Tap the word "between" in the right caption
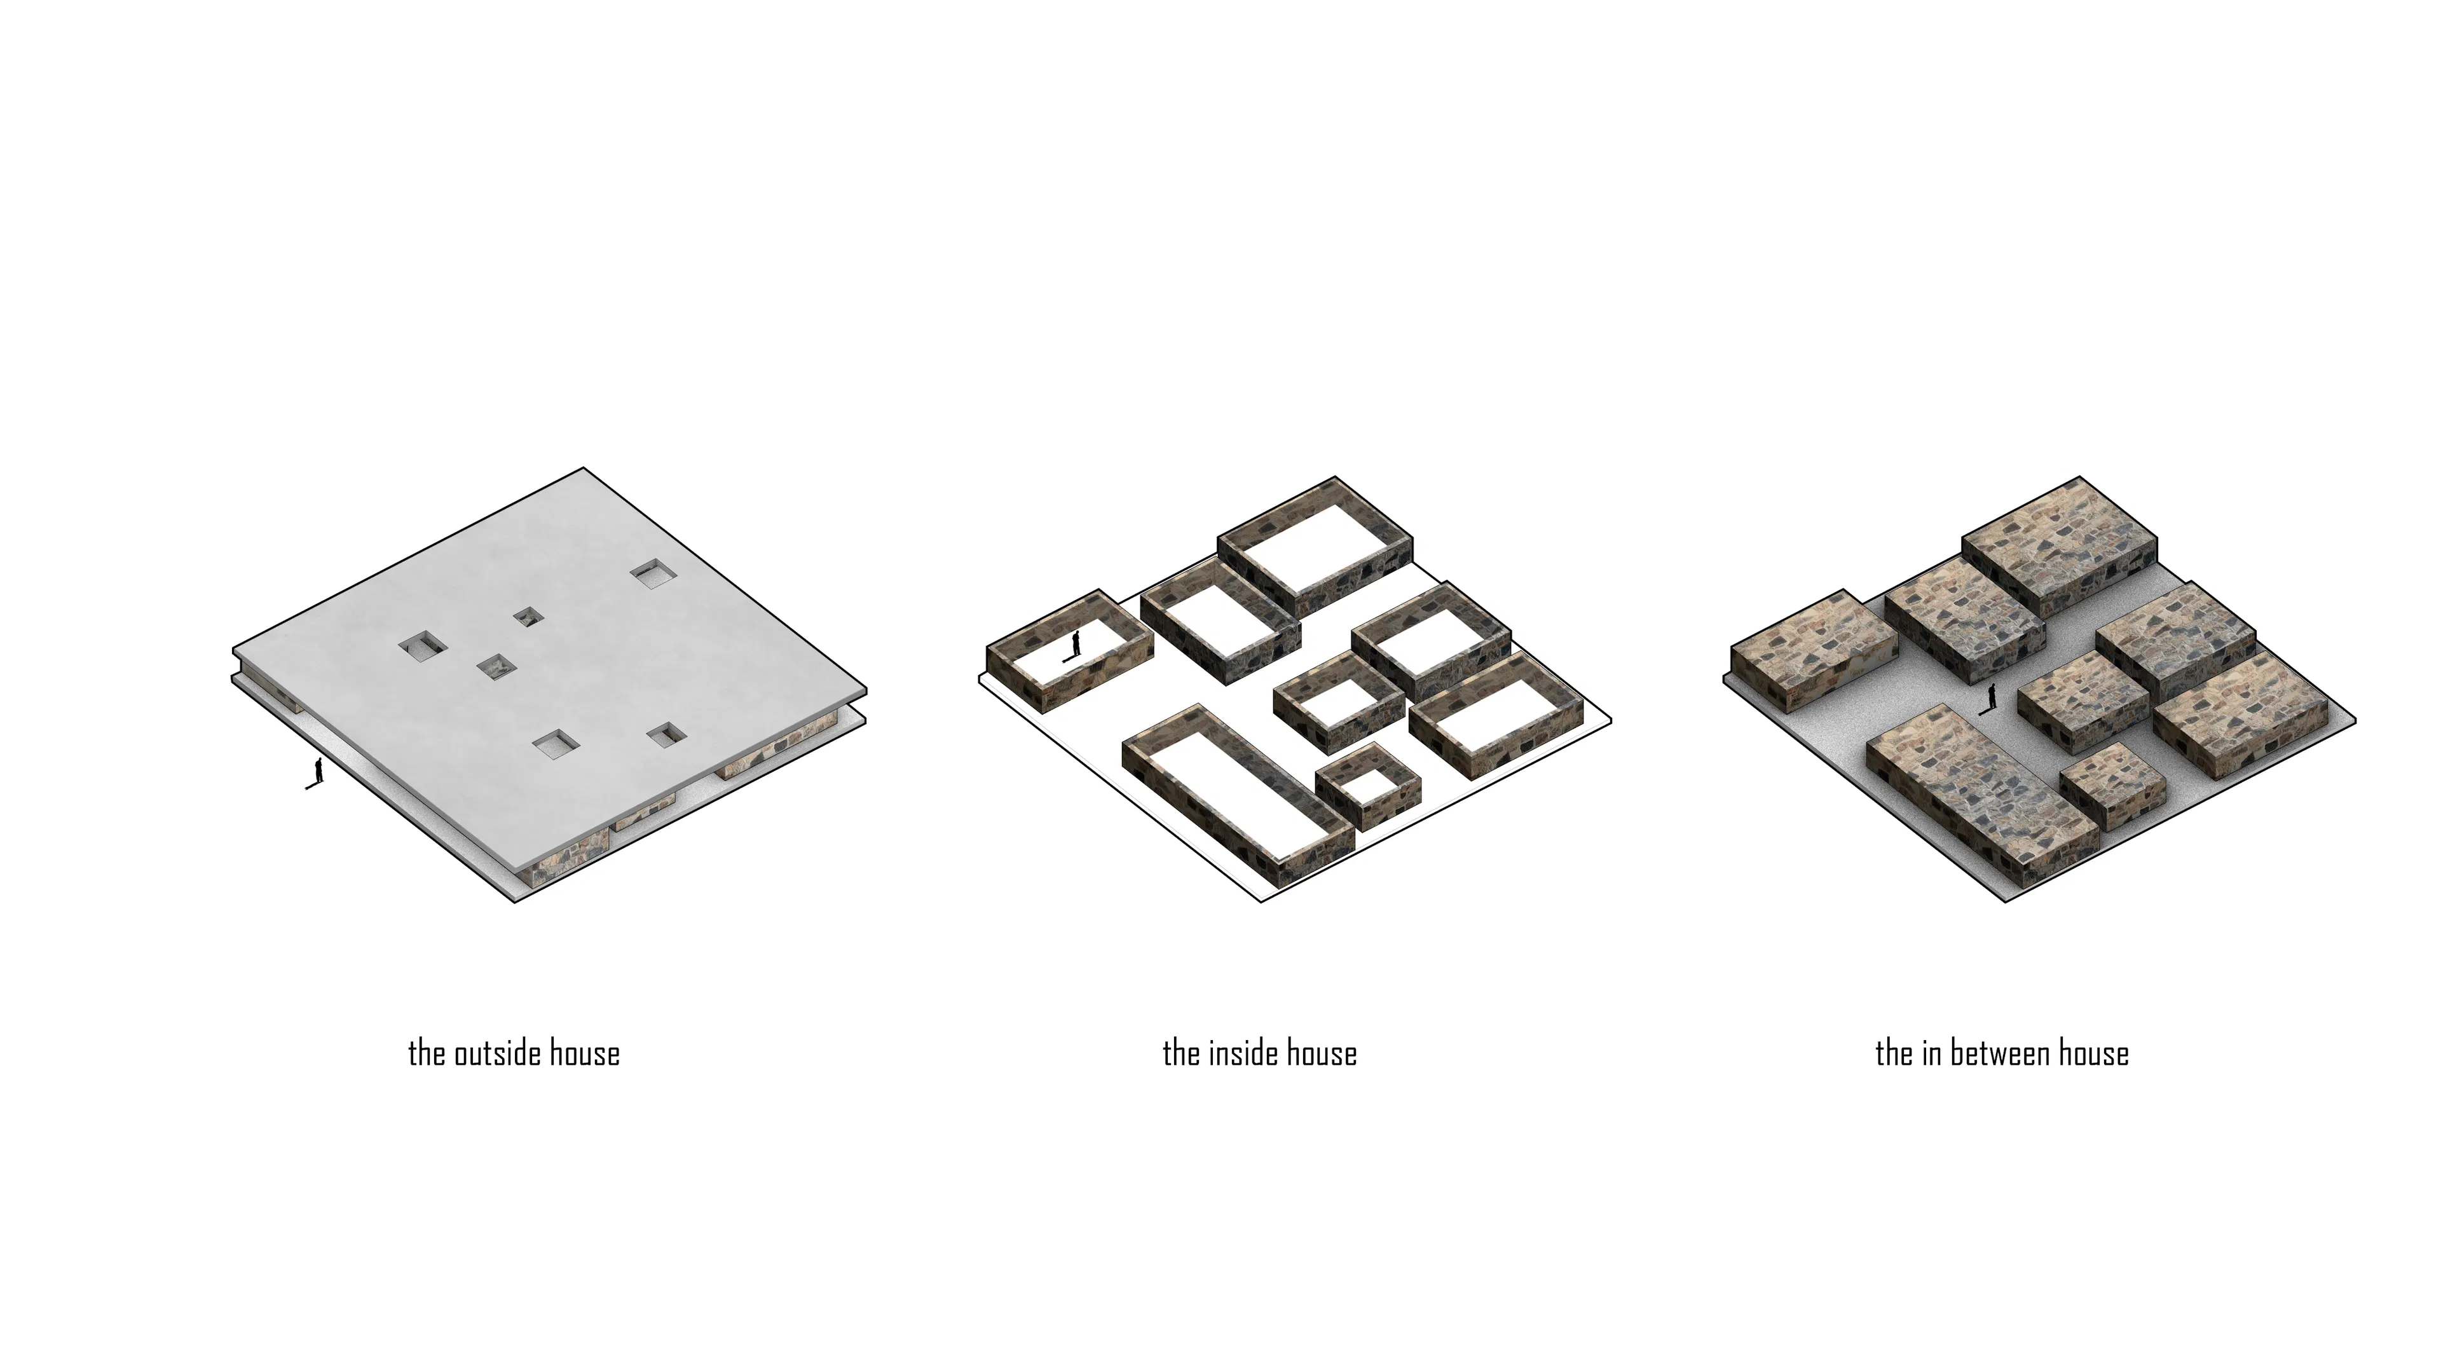coord(2002,1054)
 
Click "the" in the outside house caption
coord(427,1054)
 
